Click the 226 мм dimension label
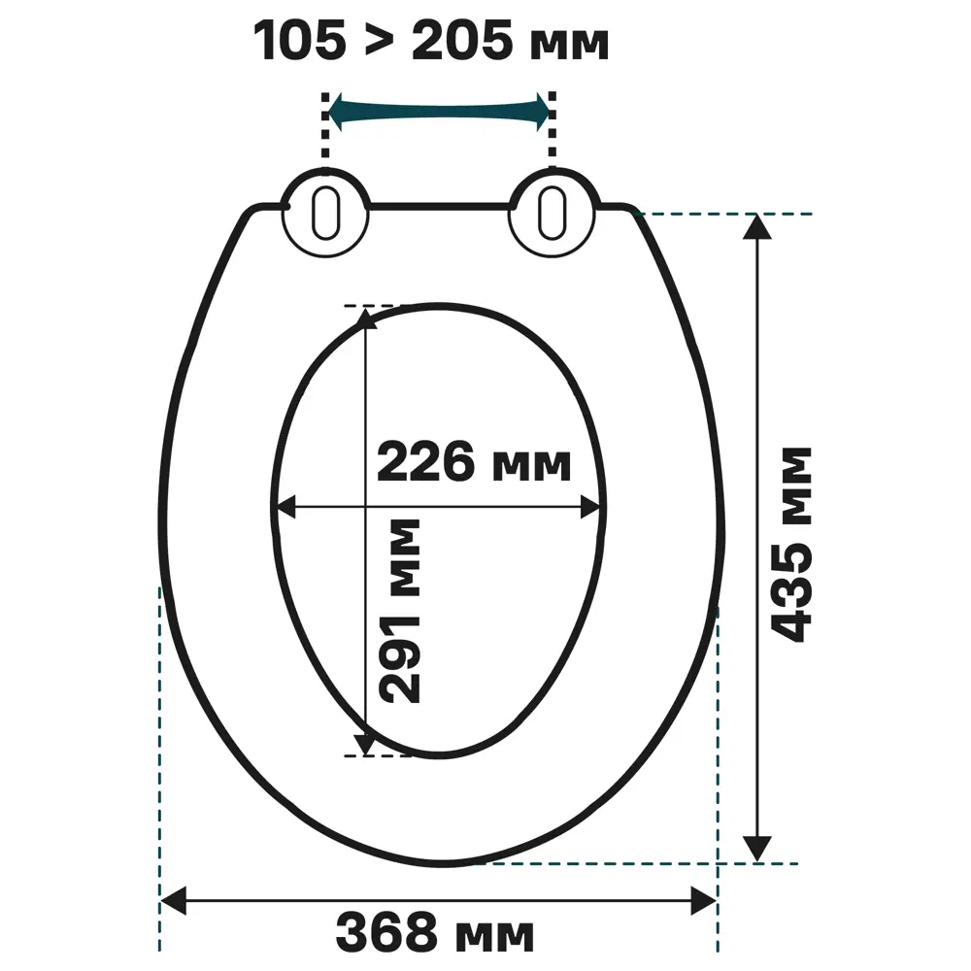pyautogui.click(x=473, y=463)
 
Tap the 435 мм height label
pyautogui.click(x=791, y=544)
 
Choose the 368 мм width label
pyautogui.click(x=435, y=934)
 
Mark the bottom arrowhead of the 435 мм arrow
pyautogui.click(x=757, y=848)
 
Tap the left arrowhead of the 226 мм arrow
pyautogui.click(x=284, y=506)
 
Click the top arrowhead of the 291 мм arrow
pyautogui.click(x=365, y=318)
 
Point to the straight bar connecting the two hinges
pyautogui.click(x=440, y=207)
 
